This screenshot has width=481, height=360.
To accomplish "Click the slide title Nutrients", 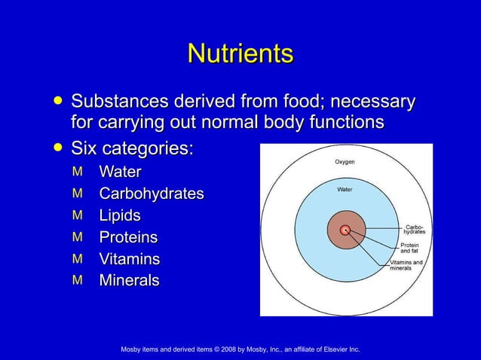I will tap(240, 54).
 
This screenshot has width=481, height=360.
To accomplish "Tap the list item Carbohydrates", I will tap(151, 194).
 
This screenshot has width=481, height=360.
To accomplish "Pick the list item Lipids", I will tap(120, 216).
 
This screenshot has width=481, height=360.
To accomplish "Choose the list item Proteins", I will tap(128, 238).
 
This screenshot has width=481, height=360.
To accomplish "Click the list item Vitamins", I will tap(129, 260).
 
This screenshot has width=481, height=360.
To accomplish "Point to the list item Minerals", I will tap(129, 281).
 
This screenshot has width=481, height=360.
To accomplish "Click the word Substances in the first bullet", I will tap(120, 101).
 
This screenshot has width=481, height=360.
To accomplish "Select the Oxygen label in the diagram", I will tap(345, 162).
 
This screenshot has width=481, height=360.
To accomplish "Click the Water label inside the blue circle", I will tap(345, 189).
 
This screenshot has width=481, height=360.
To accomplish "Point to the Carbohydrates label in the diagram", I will tap(414, 229).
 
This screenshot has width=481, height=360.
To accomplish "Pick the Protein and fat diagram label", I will tap(410, 248).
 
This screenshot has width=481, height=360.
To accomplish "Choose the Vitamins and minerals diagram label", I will tap(406, 265).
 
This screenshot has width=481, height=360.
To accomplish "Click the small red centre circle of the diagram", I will tap(345, 230).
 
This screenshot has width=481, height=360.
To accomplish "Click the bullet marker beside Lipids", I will tap(76, 215).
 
